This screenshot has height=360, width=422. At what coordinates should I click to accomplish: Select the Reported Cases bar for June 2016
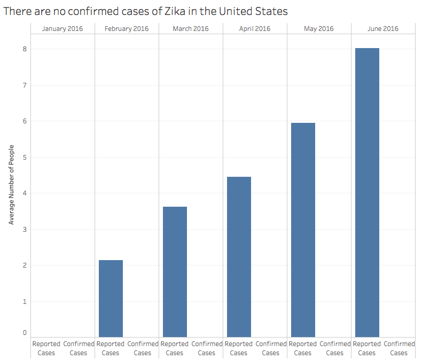(367, 192)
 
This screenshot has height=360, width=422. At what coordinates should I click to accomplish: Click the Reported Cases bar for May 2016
(303, 230)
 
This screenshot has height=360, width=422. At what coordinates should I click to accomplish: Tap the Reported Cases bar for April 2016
(239, 256)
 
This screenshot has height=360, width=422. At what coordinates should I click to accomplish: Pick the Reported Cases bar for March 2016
(175, 271)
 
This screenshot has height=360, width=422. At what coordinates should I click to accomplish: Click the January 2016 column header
(62, 28)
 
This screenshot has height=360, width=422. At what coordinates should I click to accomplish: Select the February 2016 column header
(127, 28)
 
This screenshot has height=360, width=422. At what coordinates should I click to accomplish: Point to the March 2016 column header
(191, 28)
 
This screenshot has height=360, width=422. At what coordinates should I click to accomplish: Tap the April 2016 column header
(255, 28)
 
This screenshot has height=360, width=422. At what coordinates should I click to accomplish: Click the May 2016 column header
(319, 28)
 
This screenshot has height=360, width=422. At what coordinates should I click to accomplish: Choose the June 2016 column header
(383, 28)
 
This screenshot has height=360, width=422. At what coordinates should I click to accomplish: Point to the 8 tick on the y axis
(24, 49)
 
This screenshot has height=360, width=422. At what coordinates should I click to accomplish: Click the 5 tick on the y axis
(24, 157)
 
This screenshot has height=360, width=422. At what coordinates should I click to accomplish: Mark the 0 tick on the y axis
(24, 333)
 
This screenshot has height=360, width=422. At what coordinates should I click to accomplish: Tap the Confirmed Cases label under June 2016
(399, 348)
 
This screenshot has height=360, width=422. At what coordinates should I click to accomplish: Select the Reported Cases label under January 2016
(46, 348)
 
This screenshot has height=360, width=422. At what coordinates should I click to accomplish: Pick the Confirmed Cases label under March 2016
(207, 348)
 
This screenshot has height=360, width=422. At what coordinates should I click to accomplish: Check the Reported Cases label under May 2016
(303, 348)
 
